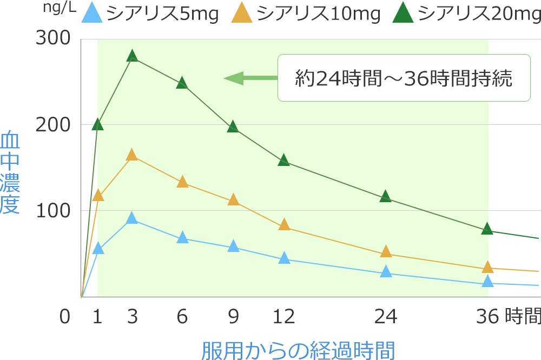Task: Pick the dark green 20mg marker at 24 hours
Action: click(386, 197)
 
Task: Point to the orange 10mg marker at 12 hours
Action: click(284, 225)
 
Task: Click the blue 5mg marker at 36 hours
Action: click(487, 281)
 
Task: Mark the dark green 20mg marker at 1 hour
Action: click(97, 125)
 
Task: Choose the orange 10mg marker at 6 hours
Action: click(182, 182)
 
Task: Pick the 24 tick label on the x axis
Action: click(385, 317)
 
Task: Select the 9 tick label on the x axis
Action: click(233, 317)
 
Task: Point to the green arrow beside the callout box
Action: click(249, 78)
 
